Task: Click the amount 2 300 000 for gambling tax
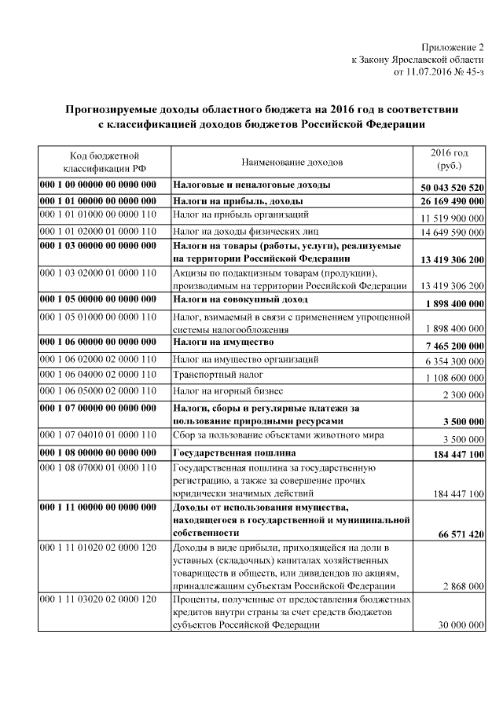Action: [464, 394]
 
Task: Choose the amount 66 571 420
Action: [461, 534]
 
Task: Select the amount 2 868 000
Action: [463, 586]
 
